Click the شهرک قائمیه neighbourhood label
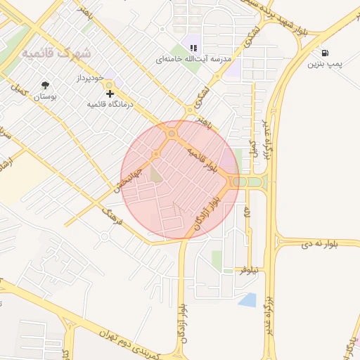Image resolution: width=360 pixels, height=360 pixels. coord(56,53)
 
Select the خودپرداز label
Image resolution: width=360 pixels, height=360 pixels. coord(91,76)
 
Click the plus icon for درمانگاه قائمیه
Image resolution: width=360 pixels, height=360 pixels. coord(109,93)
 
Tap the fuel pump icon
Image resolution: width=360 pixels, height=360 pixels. coord(324,53)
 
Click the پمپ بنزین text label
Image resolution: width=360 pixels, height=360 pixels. coord(324,64)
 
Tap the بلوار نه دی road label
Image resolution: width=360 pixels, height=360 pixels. coord(320,243)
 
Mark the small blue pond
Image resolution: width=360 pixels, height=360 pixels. coord(247,300)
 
